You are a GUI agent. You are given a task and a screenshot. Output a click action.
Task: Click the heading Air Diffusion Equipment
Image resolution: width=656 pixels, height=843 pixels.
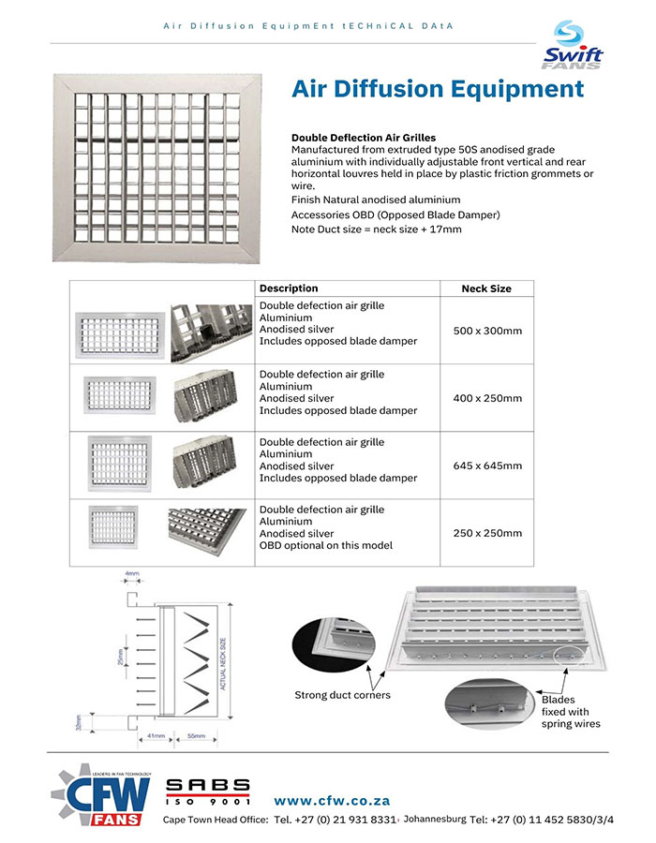[438, 90]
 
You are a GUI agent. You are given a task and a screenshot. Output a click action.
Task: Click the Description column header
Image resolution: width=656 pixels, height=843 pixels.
[289, 288]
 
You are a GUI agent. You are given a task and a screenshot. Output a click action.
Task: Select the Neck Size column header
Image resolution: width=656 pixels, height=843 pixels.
[486, 288]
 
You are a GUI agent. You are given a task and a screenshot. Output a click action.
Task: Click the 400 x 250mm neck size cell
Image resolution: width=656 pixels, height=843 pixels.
[486, 398]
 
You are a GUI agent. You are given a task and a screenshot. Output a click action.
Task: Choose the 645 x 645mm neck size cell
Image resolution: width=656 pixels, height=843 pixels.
[486, 466]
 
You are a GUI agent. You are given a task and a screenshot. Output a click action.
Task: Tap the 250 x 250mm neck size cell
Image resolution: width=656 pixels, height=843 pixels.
[486, 533]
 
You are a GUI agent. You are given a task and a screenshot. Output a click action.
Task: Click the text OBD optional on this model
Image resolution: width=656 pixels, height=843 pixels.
[325, 546]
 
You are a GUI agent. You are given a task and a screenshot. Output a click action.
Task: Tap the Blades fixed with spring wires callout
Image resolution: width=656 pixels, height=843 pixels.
[571, 712]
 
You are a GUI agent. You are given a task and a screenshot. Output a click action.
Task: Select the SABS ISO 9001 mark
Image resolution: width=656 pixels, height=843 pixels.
[208, 791]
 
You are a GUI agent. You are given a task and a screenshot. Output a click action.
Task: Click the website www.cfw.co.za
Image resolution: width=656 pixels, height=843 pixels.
[332, 801]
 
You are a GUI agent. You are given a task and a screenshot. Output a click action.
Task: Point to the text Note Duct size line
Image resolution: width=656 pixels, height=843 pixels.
[376, 229]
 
